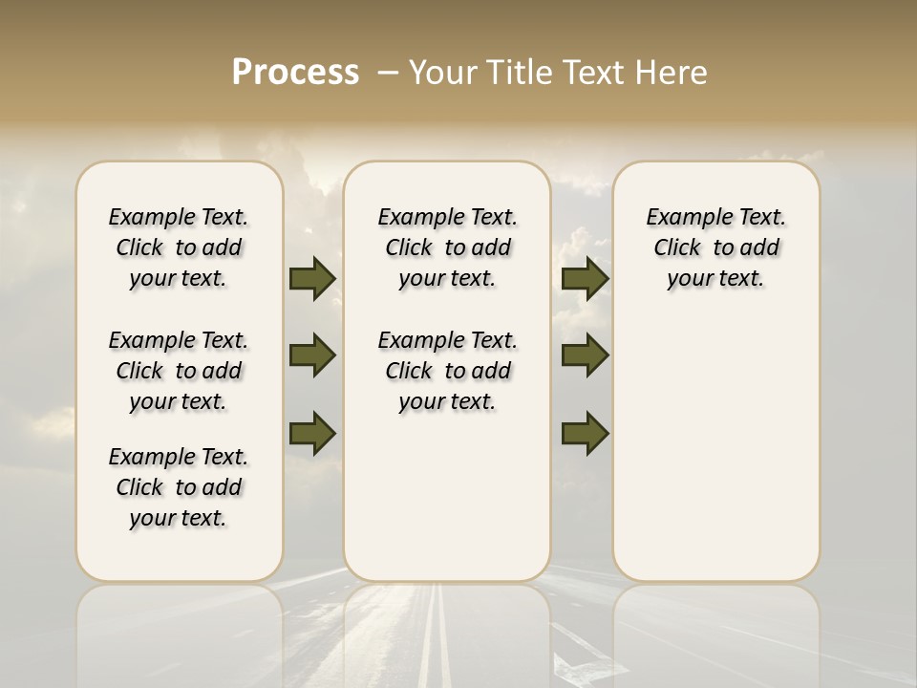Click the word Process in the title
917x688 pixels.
point(295,73)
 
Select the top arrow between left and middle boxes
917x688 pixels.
point(312,278)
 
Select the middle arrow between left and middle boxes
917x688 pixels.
point(312,355)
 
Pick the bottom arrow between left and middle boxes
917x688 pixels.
point(312,434)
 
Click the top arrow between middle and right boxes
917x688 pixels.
point(586,278)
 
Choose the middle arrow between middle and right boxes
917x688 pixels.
point(586,355)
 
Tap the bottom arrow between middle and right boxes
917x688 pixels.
point(586,434)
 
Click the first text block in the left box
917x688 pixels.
point(179,247)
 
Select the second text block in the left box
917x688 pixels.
point(179,371)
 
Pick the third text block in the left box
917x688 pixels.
point(179,487)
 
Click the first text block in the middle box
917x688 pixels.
point(447,247)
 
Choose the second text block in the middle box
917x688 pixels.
point(447,371)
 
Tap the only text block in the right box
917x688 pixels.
point(715,247)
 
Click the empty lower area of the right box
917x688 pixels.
point(715,459)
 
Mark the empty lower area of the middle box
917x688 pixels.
point(447,497)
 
